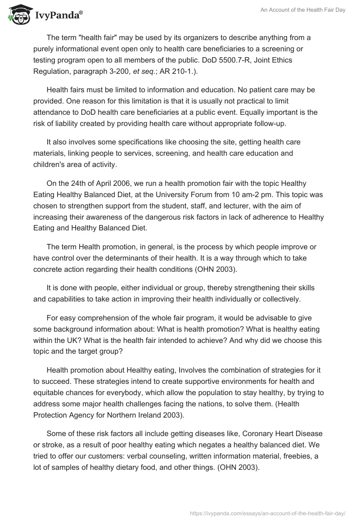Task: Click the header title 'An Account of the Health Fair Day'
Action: click(303, 10)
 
